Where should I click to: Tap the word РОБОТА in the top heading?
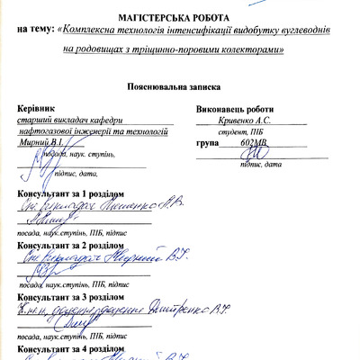222,16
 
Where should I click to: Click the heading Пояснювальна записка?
179,88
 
